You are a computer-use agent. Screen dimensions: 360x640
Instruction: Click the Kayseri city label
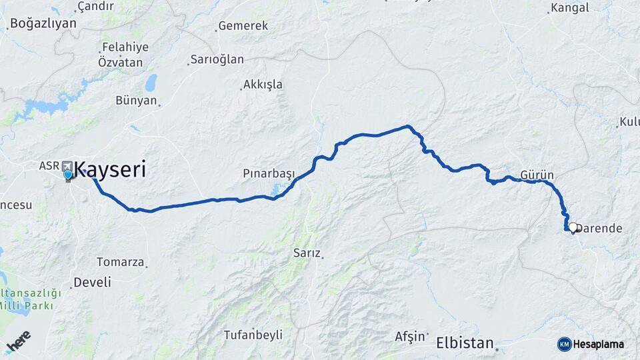tap(110, 170)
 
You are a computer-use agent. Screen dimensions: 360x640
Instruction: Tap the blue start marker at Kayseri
tap(67, 175)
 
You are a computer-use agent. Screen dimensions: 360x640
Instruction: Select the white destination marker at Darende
tap(572, 227)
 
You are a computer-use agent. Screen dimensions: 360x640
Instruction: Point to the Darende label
tap(600, 229)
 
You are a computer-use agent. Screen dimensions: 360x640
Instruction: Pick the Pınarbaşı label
tap(269, 173)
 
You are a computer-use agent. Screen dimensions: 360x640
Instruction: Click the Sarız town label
tap(307, 253)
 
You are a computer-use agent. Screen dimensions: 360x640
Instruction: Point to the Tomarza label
tap(121, 262)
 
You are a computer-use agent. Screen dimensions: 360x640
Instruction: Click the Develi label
tap(92, 282)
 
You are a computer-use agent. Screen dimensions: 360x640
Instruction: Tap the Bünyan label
tap(136, 101)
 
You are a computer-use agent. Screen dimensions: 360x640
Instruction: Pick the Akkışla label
tap(263, 85)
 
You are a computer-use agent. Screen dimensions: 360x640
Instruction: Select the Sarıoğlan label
tap(217, 59)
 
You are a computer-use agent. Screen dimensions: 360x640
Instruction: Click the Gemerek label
tap(243, 26)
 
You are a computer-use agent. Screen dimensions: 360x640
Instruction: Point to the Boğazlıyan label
tap(43, 23)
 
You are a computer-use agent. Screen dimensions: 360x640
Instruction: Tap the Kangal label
tap(570, 8)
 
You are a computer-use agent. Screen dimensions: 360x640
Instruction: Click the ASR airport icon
tap(67, 165)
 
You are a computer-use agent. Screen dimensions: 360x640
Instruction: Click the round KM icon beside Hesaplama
tap(564, 344)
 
